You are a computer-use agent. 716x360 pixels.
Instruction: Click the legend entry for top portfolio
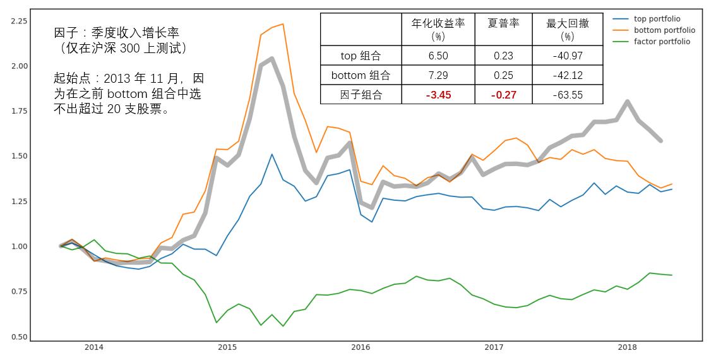tap(657, 19)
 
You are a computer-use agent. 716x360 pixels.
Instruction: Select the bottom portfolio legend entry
tap(664, 30)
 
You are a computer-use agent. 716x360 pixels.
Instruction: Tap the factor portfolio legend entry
tap(662, 42)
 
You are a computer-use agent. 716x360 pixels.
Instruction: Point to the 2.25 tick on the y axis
tap(19, 21)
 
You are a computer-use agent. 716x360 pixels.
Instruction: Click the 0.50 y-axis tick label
tap(19, 337)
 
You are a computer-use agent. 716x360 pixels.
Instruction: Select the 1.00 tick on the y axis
tap(19, 246)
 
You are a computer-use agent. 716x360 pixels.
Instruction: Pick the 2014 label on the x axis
tap(94, 347)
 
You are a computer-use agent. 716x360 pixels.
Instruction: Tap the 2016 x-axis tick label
tap(361, 347)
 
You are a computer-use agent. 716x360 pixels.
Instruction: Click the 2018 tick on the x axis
tap(627, 347)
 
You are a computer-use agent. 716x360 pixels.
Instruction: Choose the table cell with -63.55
tap(567, 95)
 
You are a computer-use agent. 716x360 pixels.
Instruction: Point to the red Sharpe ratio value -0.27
tap(503, 95)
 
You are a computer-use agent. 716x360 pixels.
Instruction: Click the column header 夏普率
tap(503, 23)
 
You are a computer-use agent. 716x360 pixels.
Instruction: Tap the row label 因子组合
tap(361, 95)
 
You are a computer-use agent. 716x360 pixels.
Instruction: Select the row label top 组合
tap(361, 56)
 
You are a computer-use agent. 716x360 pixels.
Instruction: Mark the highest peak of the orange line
tap(282, 24)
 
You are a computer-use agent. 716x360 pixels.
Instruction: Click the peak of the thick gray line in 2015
tap(271, 58)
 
